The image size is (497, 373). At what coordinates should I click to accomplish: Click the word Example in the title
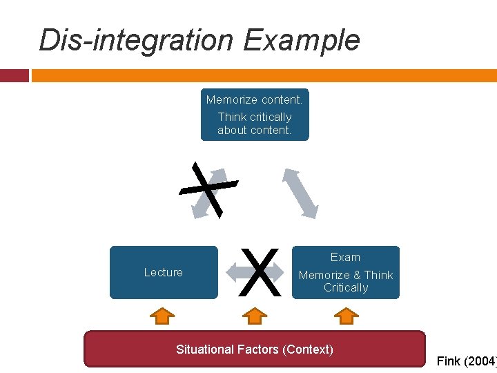tap(301, 40)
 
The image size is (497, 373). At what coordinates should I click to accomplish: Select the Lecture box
tap(164, 272)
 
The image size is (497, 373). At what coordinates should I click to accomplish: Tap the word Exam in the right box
tap(345, 257)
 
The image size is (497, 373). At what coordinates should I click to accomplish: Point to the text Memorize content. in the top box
tap(254, 100)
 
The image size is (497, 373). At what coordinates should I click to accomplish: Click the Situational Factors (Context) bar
tap(254, 349)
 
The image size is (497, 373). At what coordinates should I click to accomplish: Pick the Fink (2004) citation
tap(467, 361)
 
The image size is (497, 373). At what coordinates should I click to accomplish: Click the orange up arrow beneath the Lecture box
tap(162, 316)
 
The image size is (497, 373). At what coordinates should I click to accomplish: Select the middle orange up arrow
tap(255, 316)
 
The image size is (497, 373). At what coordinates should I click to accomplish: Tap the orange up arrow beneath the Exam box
tap(346, 316)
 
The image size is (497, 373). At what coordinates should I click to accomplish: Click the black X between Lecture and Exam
tap(262, 271)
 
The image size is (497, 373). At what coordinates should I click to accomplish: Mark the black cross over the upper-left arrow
tap(208, 189)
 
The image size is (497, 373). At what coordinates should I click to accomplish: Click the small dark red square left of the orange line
tap(14, 75)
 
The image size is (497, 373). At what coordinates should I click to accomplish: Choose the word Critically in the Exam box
tap(346, 287)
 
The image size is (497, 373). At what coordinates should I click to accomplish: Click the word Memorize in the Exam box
tap(324, 275)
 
